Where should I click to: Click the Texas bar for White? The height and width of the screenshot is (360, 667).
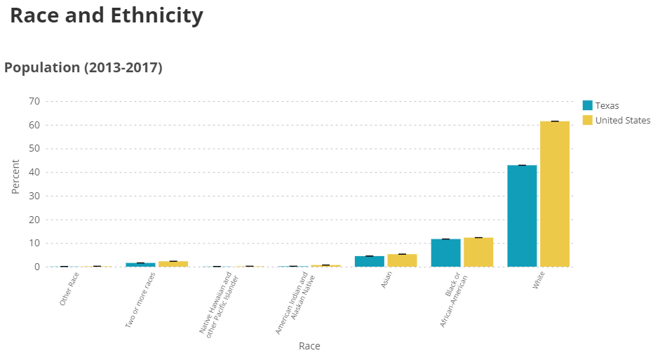coord(522,216)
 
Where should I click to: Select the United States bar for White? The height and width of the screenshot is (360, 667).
coord(555,194)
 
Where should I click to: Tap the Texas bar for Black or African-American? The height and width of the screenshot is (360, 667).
coord(445,253)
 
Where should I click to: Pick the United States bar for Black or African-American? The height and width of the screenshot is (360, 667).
coord(478,253)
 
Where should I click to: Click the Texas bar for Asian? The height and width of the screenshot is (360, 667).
coord(369,262)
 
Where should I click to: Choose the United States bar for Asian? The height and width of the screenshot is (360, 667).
coord(402,260)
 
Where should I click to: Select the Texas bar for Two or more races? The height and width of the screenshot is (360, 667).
coord(140,265)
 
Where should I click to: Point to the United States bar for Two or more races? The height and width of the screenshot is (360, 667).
coord(173,264)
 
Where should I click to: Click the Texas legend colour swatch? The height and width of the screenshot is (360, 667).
coord(588,105)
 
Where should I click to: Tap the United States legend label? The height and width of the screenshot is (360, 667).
coord(623,120)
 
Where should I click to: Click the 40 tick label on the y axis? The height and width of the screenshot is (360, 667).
coord(33,173)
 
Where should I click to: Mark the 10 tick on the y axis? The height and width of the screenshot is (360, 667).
coord(33,244)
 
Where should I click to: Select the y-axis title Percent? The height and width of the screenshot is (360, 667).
coord(15,176)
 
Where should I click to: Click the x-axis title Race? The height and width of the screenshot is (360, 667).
coord(309,346)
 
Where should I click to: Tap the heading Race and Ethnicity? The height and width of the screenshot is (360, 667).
coord(107,15)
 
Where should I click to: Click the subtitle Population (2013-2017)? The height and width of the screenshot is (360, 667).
coord(83,68)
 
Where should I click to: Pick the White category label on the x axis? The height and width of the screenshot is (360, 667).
coord(540,284)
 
